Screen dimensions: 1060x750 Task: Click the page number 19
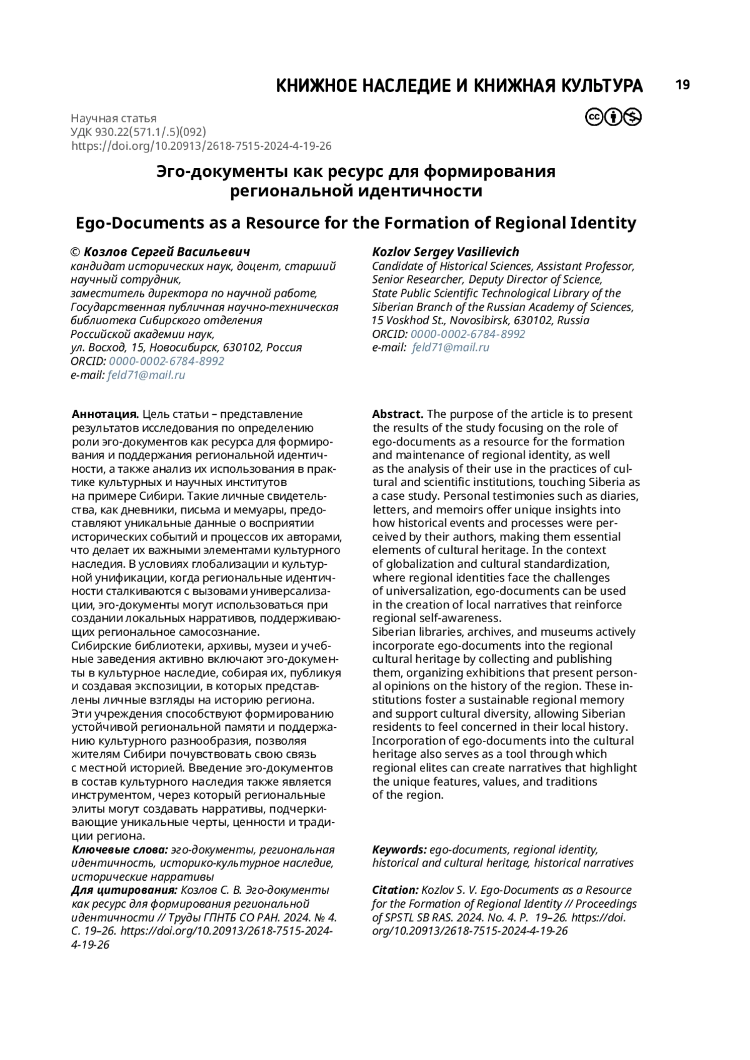(682, 85)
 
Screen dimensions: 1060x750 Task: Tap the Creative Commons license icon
(613, 117)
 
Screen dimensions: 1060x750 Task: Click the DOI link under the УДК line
(201, 146)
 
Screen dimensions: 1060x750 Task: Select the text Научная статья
(114, 118)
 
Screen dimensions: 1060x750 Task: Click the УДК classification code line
(138, 132)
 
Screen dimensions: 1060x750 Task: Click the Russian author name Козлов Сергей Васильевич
(167, 252)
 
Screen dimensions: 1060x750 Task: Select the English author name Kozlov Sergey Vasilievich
(446, 252)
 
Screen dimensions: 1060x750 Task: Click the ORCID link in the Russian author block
(166, 362)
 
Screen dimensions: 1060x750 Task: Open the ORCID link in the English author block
(467, 334)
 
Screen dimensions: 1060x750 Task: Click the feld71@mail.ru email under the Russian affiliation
(146, 375)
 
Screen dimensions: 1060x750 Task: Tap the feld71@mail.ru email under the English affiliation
(451, 348)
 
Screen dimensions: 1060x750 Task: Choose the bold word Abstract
(397, 415)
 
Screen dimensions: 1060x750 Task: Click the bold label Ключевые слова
(120, 850)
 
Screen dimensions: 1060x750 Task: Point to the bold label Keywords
(399, 850)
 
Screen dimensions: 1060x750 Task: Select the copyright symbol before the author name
(76, 252)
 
